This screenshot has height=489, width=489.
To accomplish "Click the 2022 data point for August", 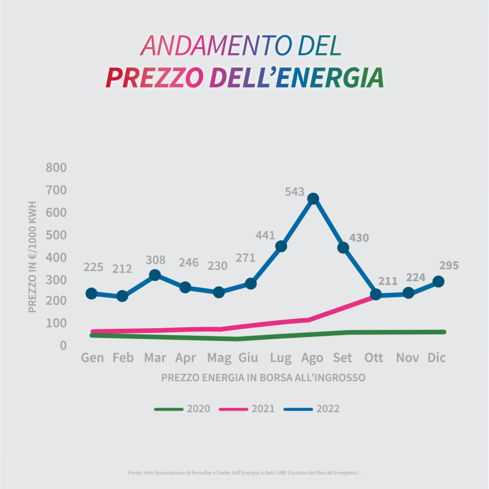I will [x=313, y=199].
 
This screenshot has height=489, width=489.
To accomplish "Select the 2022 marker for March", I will [x=155, y=275].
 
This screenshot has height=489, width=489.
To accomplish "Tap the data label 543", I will [x=295, y=192].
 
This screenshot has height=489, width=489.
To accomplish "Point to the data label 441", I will [x=266, y=235].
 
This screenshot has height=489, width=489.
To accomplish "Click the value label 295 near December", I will [x=449, y=266].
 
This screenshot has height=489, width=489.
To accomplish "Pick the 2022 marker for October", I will [x=375, y=295].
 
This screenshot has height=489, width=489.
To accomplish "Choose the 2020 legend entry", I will [x=182, y=409].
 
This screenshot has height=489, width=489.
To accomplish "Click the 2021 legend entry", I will [x=247, y=409].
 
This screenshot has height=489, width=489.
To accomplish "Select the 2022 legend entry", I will [x=311, y=409].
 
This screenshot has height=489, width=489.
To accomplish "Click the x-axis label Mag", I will [x=219, y=358].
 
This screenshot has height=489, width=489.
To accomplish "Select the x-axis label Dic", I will [x=436, y=358].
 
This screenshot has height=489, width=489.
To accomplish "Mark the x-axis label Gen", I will [x=92, y=358].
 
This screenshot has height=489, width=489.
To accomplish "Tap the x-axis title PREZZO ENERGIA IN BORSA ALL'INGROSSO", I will [x=263, y=378].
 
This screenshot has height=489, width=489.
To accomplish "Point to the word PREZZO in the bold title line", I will [x=155, y=78].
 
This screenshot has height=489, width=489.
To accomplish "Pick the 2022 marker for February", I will [x=122, y=296].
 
